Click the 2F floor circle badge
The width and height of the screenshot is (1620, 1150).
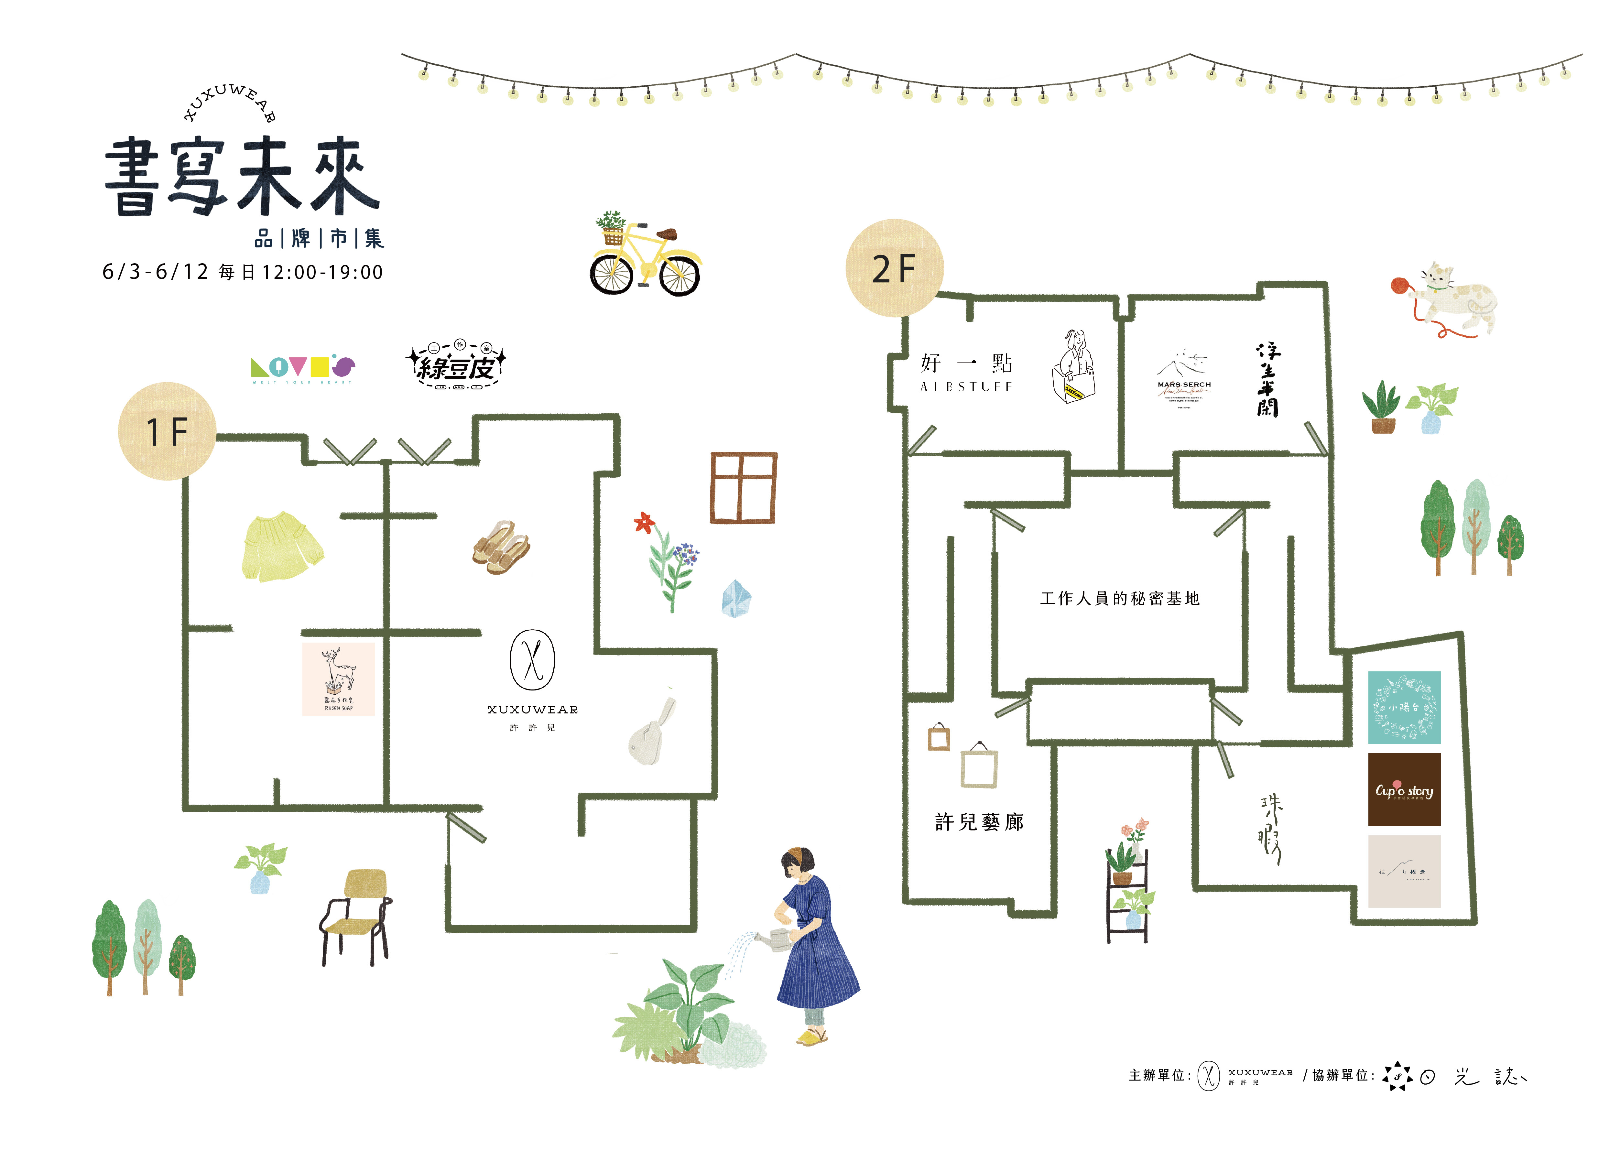(x=894, y=268)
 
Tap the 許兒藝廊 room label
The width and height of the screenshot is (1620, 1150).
(x=979, y=822)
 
